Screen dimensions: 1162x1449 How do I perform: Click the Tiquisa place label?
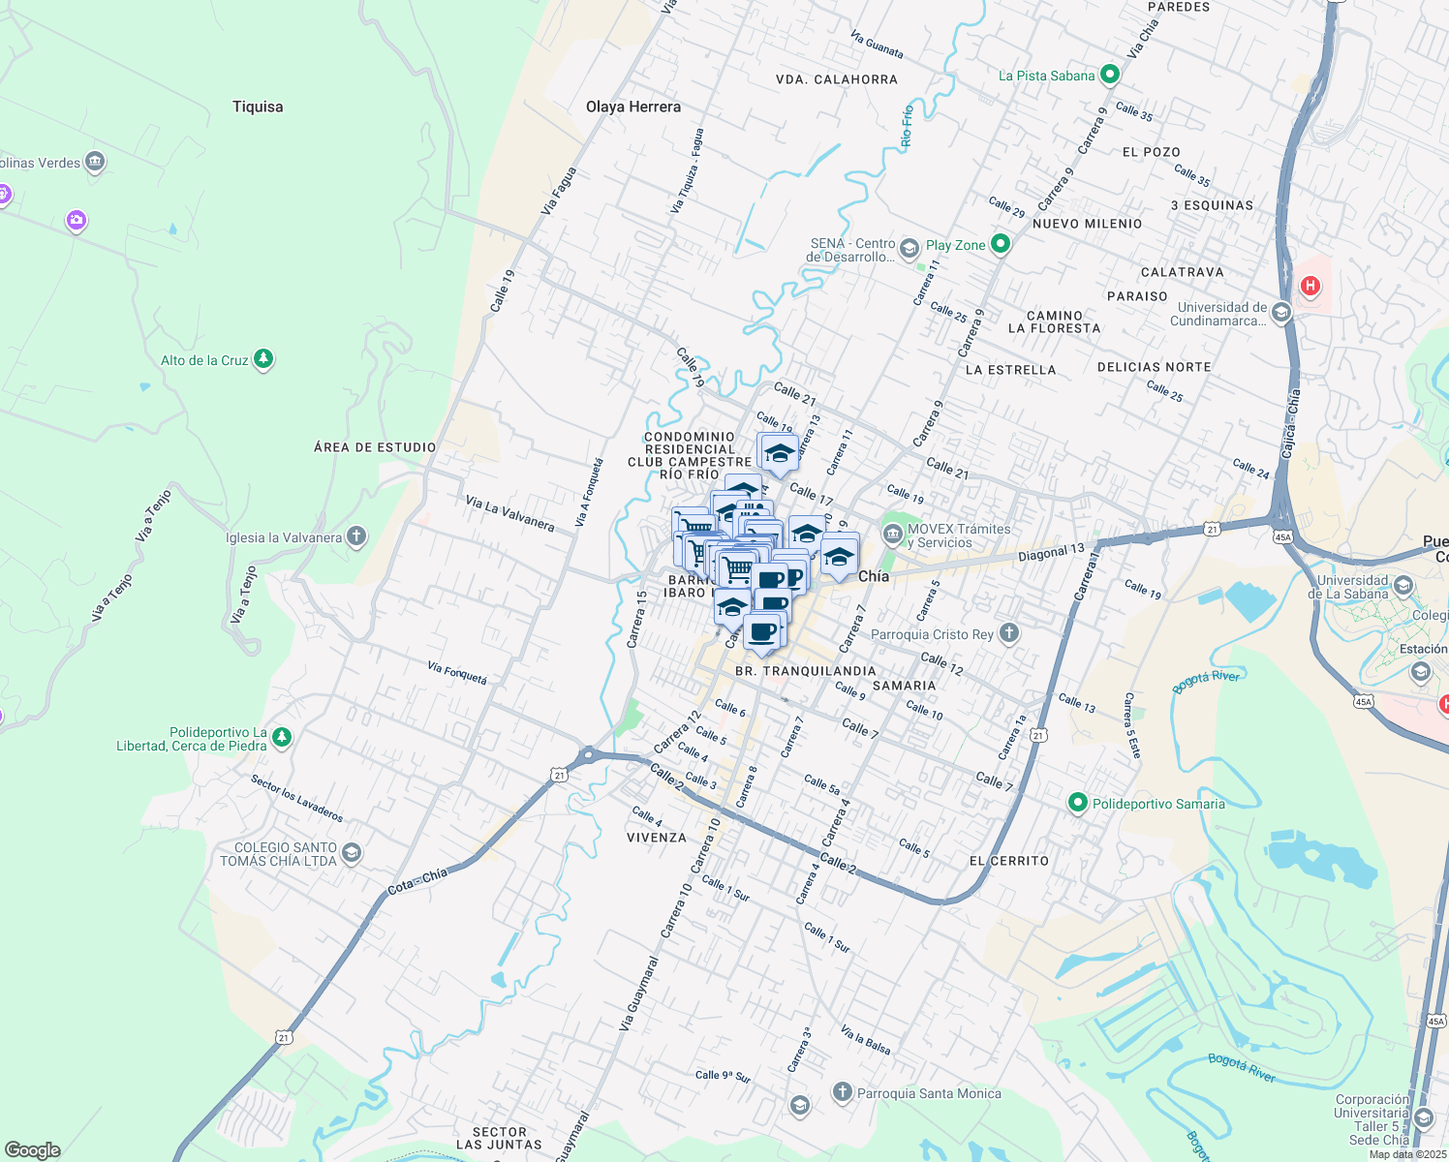[258, 107]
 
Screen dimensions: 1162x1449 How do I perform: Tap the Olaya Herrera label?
[633, 107]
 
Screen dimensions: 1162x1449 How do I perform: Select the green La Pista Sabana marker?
[1110, 75]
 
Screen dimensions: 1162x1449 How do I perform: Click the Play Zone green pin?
[1001, 245]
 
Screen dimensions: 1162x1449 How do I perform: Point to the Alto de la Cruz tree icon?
[262, 360]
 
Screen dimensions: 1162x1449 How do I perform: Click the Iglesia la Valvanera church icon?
[356, 536]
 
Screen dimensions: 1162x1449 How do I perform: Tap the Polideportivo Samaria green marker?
[1077, 803]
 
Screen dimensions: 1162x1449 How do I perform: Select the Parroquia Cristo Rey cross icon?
[1009, 633]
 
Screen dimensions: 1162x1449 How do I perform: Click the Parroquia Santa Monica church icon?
[842, 1092]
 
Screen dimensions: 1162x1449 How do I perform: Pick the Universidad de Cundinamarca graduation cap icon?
[1281, 313]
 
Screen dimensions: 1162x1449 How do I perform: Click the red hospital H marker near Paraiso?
[1310, 286]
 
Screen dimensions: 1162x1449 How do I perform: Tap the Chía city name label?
[874, 576]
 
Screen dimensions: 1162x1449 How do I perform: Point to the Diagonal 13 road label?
[1051, 553]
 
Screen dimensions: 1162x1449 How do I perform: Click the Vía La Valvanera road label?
[509, 513]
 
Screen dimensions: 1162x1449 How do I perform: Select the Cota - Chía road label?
[417, 881]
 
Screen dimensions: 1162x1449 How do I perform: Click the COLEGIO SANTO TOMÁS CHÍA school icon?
[352, 853]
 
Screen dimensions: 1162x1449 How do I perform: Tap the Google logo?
[33, 1150]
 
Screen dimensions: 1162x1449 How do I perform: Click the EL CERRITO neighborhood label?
[1008, 861]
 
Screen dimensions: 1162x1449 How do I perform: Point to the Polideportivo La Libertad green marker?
[282, 738]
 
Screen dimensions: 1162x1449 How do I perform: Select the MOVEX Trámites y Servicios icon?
[892, 535]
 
